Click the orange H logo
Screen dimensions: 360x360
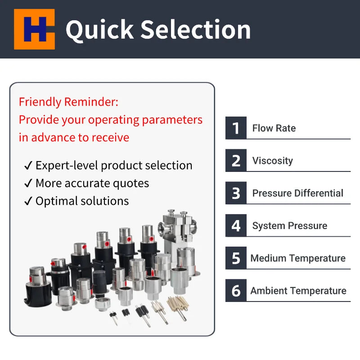[x=35, y=29]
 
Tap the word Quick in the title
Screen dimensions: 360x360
[x=100, y=30]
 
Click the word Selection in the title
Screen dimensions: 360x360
[x=195, y=29]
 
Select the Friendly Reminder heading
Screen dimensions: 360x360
[x=68, y=102]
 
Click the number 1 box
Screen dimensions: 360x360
[x=236, y=128]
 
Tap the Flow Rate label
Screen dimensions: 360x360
[x=274, y=128]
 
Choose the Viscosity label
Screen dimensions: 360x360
[x=273, y=161]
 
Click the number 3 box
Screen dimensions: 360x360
[x=236, y=193]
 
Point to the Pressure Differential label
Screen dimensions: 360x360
[x=297, y=193]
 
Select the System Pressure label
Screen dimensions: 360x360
[x=290, y=226]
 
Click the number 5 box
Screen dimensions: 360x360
[x=236, y=258]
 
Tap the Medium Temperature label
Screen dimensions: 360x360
[x=298, y=258]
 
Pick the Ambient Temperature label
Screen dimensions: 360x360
[x=298, y=291]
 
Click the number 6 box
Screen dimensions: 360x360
[x=236, y=290]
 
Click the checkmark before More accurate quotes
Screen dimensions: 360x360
[x=28, y=183]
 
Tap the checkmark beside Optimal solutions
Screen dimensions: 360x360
[x=28, y=201]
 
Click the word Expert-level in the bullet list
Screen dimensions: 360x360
[x=67, y=166]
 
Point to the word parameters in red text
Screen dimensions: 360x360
[x=172, y=120]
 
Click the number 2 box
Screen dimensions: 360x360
[x=236, y=161]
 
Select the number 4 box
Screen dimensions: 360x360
[x=236, y=225]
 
